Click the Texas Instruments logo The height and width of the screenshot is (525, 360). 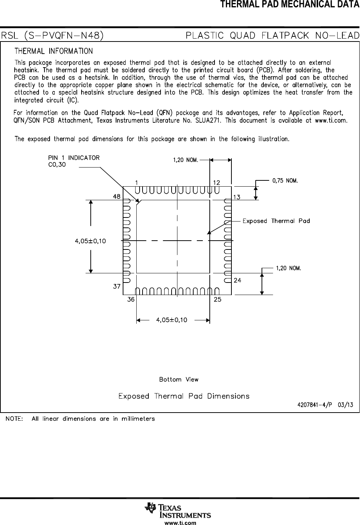pyautogui.click(x=178, y=510)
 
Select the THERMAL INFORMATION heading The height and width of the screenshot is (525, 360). pyautogui.click(x=54, y=51)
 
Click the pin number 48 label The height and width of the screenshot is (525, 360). pyautogui.click(x=116, y=197)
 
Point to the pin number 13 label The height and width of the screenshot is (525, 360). pyautogui.click(x=237, y=197)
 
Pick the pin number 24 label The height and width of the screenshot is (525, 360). pyautogui.click(x=237, y=280)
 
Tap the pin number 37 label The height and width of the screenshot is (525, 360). pyautogui.click(x=117, y=286)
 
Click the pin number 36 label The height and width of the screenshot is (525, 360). pyautogui.click(x=131, y=299)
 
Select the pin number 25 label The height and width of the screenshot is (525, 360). pyautogui.click(x=217, y=299)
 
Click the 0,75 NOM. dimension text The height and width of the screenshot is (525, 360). pyautogui.click(x=285, y=181)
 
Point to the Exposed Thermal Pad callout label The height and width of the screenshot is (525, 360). pyautogui.click(x=276, y=221)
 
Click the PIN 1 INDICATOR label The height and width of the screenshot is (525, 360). pyautogui.click(x=74, y=158)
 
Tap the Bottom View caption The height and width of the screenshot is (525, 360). pyautogui.click(x=179, y=380)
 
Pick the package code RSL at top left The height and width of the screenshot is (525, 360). pyautogui.click(x=11, y=36)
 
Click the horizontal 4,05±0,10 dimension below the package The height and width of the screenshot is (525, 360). pyautogui.click(x=172, y=320)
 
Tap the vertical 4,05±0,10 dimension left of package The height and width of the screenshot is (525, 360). pyautogui.click(x=90, y=241)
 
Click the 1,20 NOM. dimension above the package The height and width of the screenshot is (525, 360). pyautogui.click(x=186, y=160)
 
